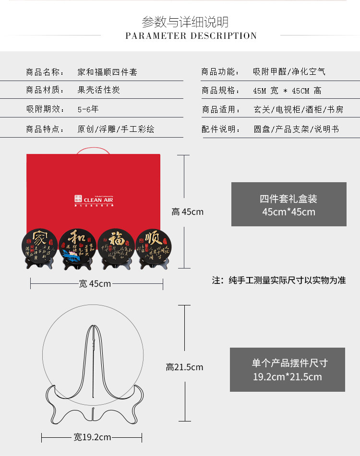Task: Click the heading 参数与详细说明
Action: (x=185, y=22)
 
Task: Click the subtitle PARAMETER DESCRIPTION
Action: (x=191, y=36)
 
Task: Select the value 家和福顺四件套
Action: (x=108, y=72)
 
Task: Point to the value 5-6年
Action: (x=88, y=109)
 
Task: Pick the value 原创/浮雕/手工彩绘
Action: (x=116, y=129)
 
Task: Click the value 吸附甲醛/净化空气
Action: (x=289, y=72)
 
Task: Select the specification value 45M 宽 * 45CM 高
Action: (x=287, y=91)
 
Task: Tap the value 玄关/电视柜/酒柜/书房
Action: (x=298, y=110)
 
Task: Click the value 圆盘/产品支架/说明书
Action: (x=296, y=129)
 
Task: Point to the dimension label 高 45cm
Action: (x=188, y=212)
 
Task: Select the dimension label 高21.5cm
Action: (x=184, y=367)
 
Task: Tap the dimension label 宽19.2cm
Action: (x=92, y=437)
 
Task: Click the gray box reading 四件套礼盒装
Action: (x=288, y=204)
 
